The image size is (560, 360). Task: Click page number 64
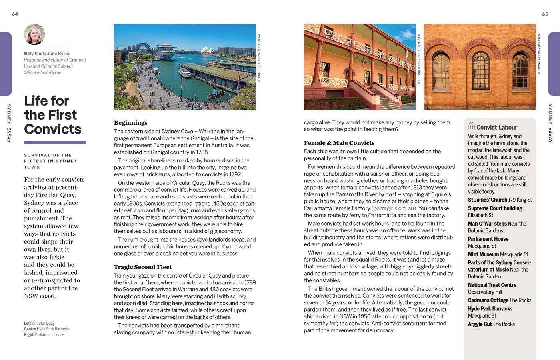15,14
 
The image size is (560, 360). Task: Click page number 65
545,14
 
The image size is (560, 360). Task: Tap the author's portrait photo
34,34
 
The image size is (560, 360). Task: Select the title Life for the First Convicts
52,115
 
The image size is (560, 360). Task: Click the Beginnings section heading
130,123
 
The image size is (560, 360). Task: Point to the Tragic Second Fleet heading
142,267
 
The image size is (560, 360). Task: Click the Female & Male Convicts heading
339,143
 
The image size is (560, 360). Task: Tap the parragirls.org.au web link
394,208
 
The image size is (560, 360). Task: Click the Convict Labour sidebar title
497,127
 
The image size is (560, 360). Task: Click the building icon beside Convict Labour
472,126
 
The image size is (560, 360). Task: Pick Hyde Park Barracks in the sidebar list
490,309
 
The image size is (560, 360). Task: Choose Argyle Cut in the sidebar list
480,324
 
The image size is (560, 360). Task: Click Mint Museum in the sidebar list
483,254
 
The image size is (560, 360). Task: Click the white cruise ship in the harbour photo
165,51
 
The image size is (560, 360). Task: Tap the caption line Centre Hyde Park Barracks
46,329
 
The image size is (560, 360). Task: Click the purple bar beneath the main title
55,142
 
